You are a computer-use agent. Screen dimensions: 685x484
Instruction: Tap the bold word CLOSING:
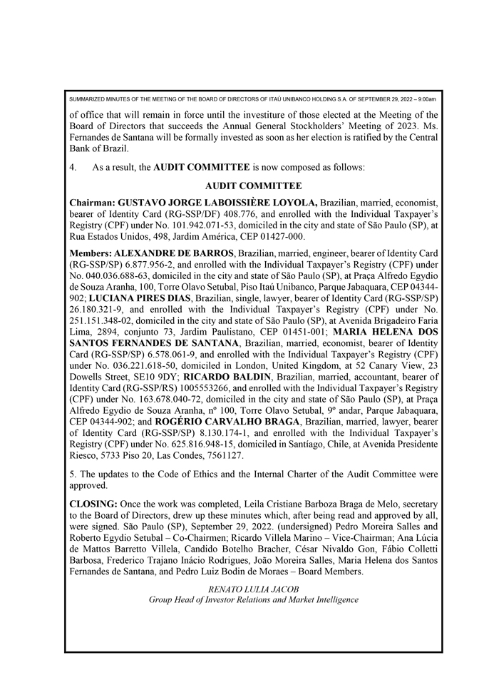93,504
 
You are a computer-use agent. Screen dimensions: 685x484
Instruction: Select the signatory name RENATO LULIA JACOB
253,589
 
